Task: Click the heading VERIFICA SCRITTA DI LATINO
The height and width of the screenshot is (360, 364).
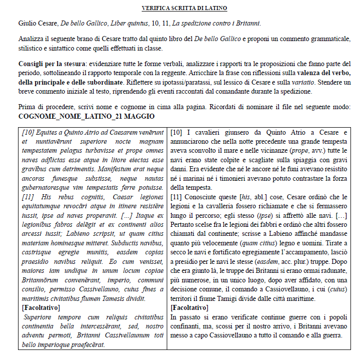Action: (x=184, y=8)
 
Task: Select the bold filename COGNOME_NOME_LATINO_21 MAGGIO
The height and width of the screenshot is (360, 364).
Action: (x=86, y=116)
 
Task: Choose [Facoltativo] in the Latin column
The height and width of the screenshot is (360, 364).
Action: (x=41, y=307)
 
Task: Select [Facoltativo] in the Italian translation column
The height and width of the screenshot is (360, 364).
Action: (x=189, y=307)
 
